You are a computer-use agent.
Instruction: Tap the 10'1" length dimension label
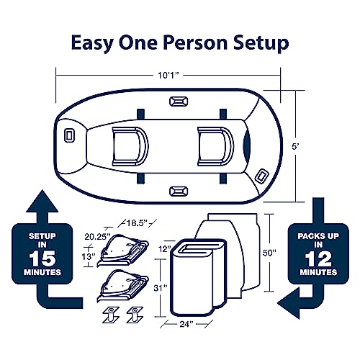point(168,76)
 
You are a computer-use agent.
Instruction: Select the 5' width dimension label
point(295,146)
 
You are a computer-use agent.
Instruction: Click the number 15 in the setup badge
point(42,258)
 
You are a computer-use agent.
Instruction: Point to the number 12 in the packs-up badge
point(318,258)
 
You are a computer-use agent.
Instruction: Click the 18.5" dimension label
point(137,223)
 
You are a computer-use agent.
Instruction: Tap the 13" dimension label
point(89,257)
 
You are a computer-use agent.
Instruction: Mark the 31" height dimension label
point(160,288)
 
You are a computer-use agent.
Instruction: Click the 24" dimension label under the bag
point(186,324)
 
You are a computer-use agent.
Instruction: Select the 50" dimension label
point(269,253)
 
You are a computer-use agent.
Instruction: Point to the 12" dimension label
point(165,248)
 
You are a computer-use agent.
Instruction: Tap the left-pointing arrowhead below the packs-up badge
point(288,303)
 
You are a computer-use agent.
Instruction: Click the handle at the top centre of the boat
point(179,102)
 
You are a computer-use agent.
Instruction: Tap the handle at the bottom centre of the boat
point(179,192)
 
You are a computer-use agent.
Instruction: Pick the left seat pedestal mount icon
point(111,315)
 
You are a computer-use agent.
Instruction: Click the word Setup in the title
point(261,43)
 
